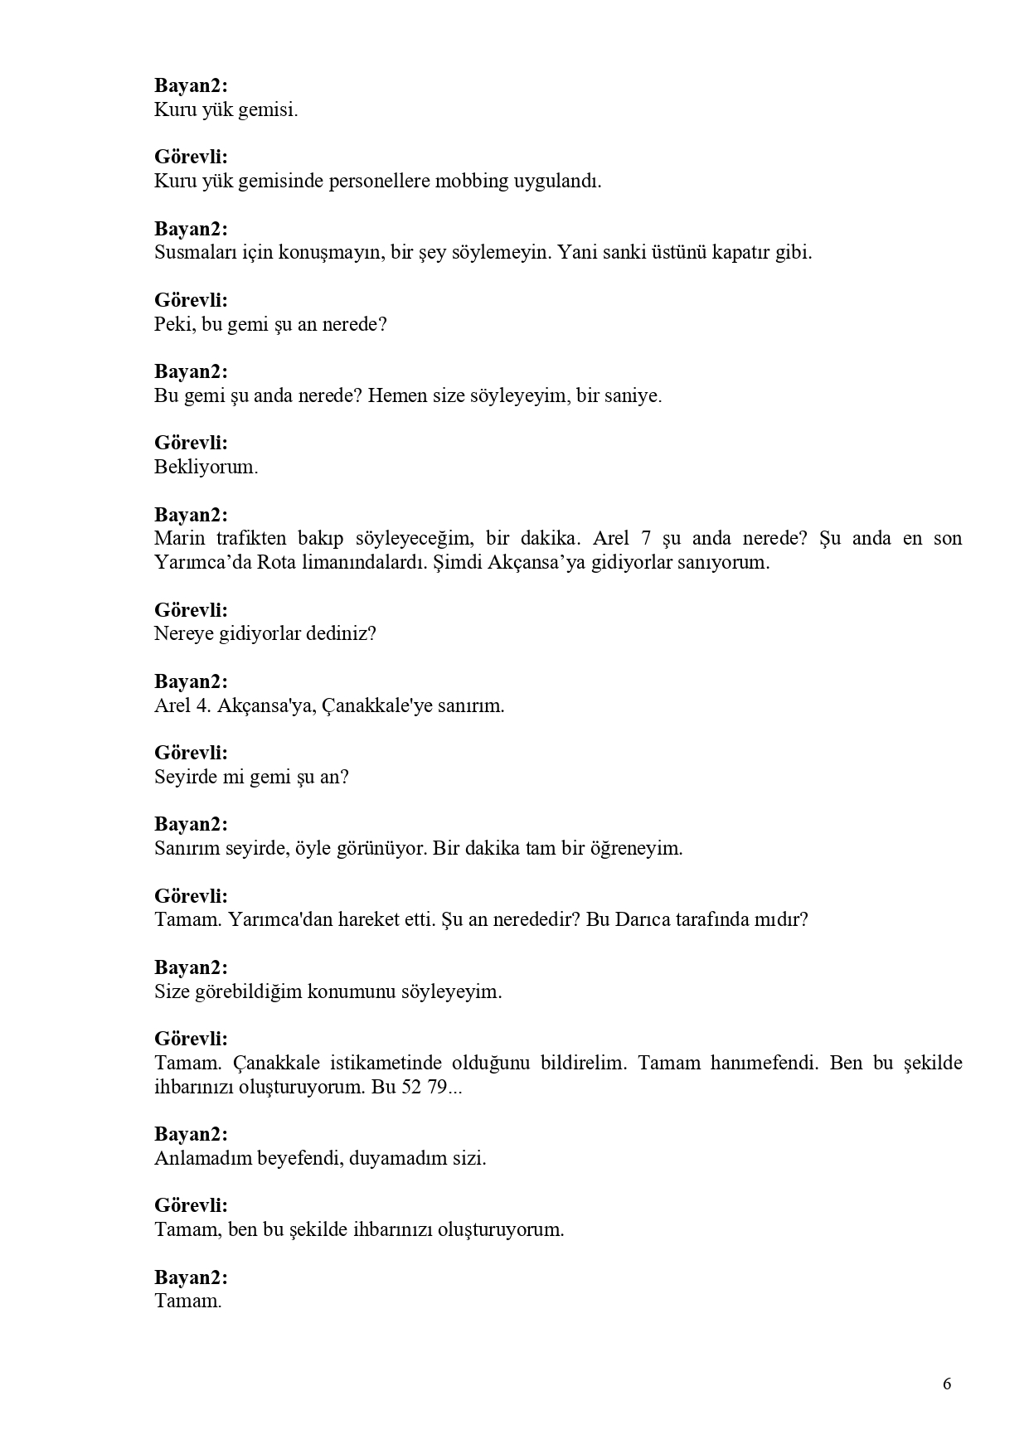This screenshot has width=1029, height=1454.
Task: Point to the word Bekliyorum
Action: coord(206,467)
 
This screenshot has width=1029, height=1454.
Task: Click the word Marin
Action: coord(177,538)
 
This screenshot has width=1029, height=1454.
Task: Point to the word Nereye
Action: coord(185,634)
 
